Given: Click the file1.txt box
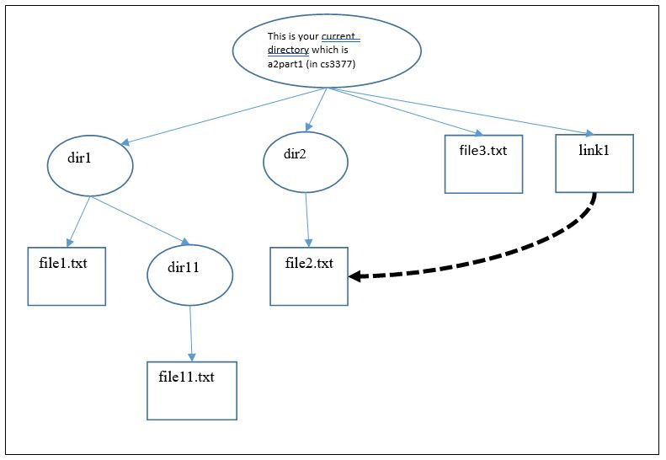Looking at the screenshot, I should coord(67,275).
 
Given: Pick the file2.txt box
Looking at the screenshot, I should coord(309,276).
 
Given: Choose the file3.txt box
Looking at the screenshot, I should coord(483,163).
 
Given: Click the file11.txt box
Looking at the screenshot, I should coord(191,390).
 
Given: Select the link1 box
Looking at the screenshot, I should coord(594,163).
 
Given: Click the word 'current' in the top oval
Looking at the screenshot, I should coord(341,36).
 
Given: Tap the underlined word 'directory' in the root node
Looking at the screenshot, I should coord(288,50).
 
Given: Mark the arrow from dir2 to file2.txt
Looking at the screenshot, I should coord(307,217).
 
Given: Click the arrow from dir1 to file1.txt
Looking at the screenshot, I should coord(78,222).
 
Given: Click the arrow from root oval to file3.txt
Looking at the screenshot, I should coord(404,110).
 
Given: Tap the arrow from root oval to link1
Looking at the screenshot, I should coord(463,110).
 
